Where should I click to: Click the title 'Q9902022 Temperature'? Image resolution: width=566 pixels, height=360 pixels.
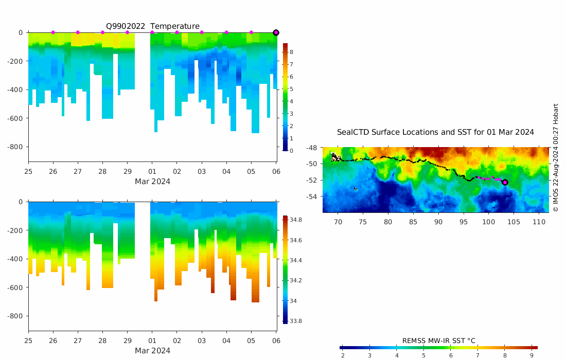[x=152, y=26]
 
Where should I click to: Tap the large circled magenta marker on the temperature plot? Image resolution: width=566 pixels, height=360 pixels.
[x=276, y=32]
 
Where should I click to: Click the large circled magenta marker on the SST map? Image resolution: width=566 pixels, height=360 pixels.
[x=505, y=182]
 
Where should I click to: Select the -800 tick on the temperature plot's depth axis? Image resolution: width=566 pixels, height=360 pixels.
[x=15, y=147]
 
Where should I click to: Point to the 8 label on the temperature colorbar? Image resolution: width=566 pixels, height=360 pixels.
[x=291, y=52]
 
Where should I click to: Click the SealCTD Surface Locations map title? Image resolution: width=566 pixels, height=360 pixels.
[x=435, y=132]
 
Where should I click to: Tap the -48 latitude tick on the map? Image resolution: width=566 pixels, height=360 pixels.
[x=311, y=148]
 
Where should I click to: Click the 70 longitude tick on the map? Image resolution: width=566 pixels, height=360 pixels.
[x=338, y=222]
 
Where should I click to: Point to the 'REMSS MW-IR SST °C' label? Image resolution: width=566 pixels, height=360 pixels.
[x=438, y=340]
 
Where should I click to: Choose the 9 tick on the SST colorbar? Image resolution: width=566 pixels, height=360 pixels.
[x=532, y=355]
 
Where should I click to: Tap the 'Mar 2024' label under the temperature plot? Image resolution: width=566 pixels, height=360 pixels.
[x=152, y=181]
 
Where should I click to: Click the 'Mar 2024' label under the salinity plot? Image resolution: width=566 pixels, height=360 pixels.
[x=152, y=351]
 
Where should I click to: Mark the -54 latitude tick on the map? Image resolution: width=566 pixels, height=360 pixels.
[x=311, y=196]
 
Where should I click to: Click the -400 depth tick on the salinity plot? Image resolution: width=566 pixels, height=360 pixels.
[x=15, y=259]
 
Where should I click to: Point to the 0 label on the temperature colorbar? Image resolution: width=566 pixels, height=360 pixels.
[x=291, y=151]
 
